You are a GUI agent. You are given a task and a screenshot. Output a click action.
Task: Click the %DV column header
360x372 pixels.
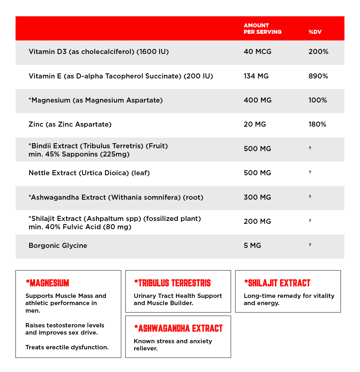[x=315, y=32]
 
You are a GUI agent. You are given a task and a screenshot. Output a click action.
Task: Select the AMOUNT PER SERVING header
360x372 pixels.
[x=262, y=28]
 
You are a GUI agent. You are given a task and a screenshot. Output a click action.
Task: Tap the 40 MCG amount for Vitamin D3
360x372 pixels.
[x=257, y=52]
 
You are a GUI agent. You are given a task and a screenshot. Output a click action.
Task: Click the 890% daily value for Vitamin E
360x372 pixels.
[x=318, y=76]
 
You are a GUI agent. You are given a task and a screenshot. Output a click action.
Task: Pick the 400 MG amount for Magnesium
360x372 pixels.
[x=257, y=100]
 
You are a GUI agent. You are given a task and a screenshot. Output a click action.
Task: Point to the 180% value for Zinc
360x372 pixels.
[x=317, y=124]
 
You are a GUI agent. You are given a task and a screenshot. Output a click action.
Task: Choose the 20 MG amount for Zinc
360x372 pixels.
[x=255, y=124]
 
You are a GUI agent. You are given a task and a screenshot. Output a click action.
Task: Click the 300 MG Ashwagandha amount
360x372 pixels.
[x=257, y=197]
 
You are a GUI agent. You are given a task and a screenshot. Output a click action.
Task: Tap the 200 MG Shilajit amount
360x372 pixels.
[x=257, y=222]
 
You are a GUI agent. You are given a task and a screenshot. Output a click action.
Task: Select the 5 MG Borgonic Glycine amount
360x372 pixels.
[x=252, y=246]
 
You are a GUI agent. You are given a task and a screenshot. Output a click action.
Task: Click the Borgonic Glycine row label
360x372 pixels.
[x=58, y=246]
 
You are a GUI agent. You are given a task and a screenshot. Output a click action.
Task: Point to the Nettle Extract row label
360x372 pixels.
[x=89, y=173]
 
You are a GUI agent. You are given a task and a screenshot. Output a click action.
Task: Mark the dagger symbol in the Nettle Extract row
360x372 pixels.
[x=310, y=172]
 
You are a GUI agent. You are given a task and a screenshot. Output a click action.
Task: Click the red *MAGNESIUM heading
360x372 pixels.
[x=47, y=283]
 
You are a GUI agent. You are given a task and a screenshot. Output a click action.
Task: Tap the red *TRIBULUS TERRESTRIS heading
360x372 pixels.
[x=172, y=283]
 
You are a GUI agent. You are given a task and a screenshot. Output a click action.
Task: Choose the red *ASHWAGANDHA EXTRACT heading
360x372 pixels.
[x=178, y=328]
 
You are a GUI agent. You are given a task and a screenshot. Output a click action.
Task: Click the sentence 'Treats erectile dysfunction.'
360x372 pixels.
[x=67, y=348]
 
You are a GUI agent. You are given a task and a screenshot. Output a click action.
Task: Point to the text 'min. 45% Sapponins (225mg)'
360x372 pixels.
[x=79, y=154]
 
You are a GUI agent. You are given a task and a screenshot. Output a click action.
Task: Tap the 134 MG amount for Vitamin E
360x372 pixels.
[x=256, y=76]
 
